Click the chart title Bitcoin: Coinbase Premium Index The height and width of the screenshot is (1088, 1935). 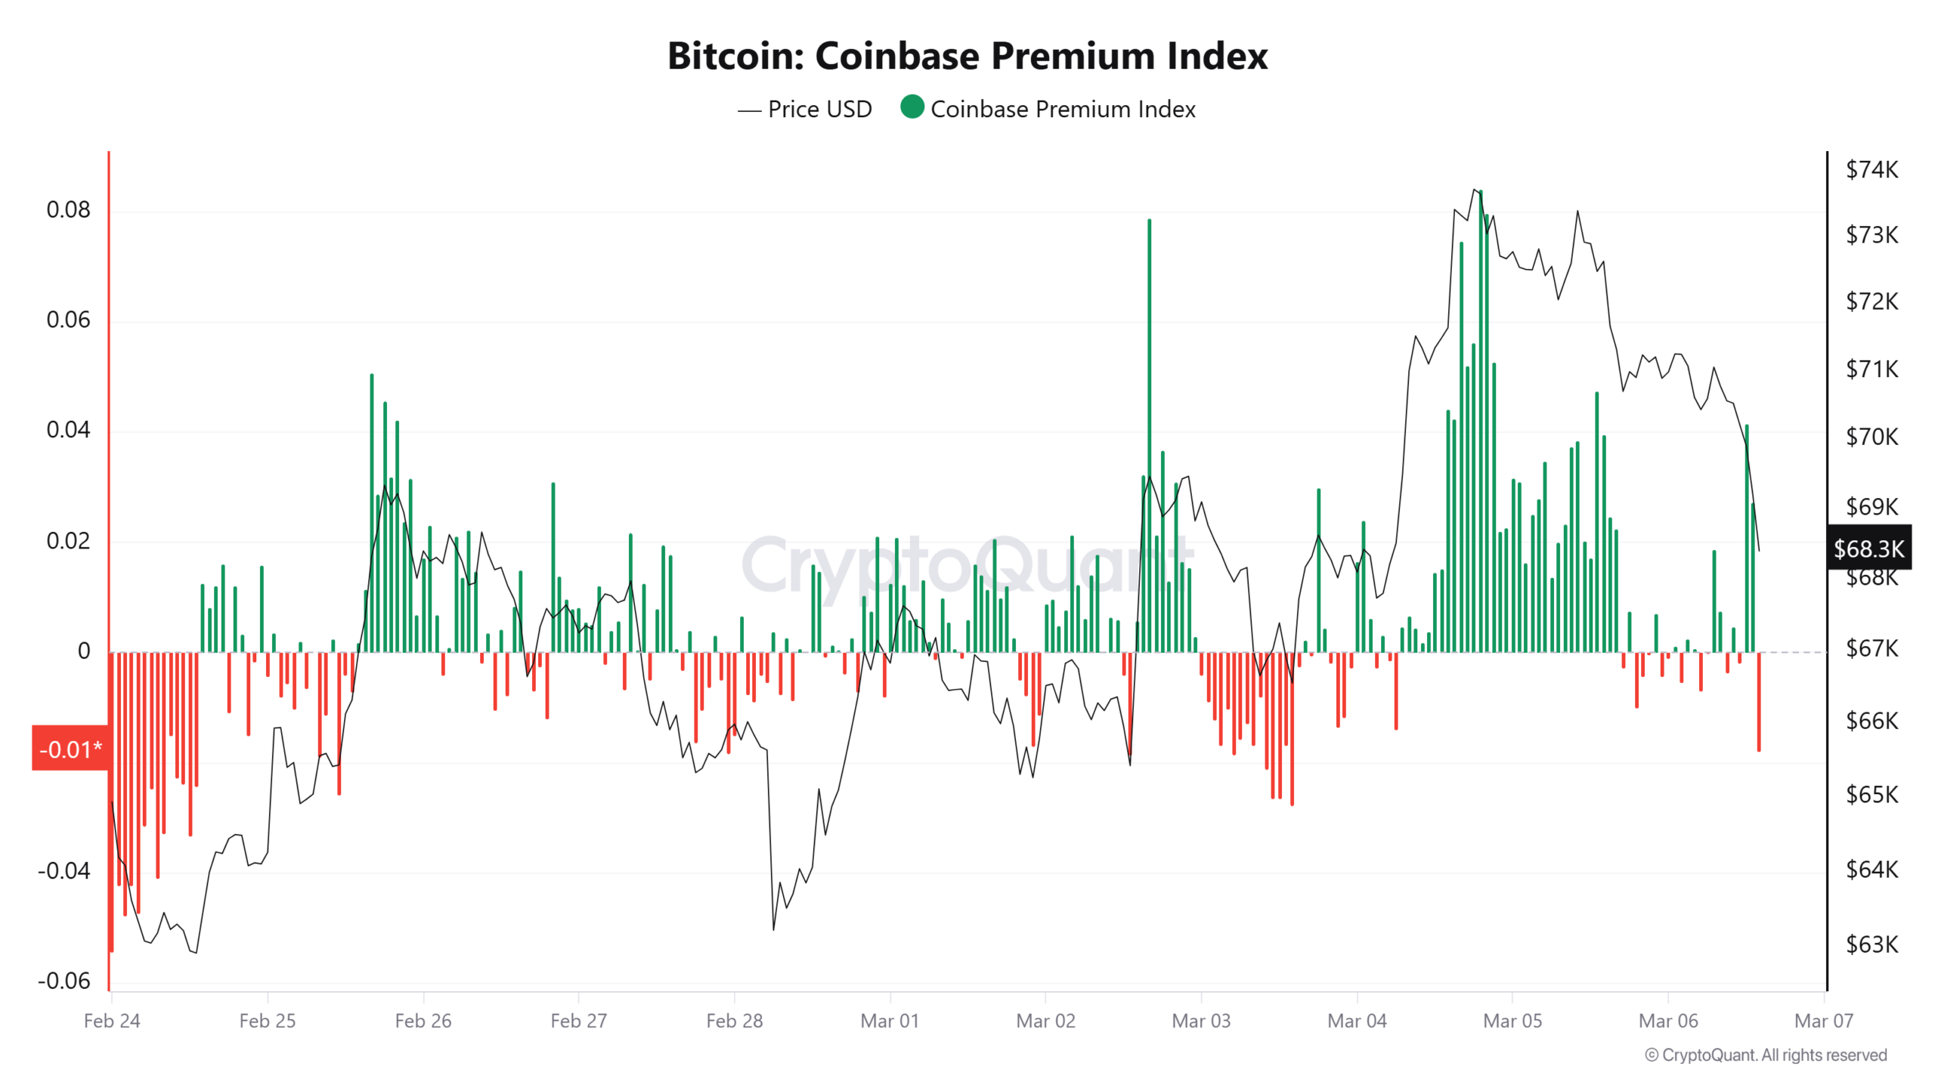967,56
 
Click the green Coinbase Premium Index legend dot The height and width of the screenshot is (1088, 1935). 912,107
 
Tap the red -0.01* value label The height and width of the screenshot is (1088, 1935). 70,748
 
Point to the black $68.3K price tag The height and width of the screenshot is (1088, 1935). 1868,548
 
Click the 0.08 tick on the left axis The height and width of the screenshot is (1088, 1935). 68,209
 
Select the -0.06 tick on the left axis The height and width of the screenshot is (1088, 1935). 63,980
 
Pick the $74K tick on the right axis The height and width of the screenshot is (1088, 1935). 1871,169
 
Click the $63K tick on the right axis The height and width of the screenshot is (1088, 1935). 1871,944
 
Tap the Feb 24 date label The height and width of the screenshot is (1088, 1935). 112,1020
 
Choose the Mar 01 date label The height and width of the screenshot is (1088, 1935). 889,1020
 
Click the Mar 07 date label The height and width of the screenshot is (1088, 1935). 1822,1020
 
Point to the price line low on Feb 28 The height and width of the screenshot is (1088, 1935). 773,928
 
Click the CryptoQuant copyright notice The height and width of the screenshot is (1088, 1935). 1765,1055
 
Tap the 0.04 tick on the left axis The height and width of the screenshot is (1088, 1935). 68,430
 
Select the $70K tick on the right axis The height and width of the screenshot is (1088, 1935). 1871,437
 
